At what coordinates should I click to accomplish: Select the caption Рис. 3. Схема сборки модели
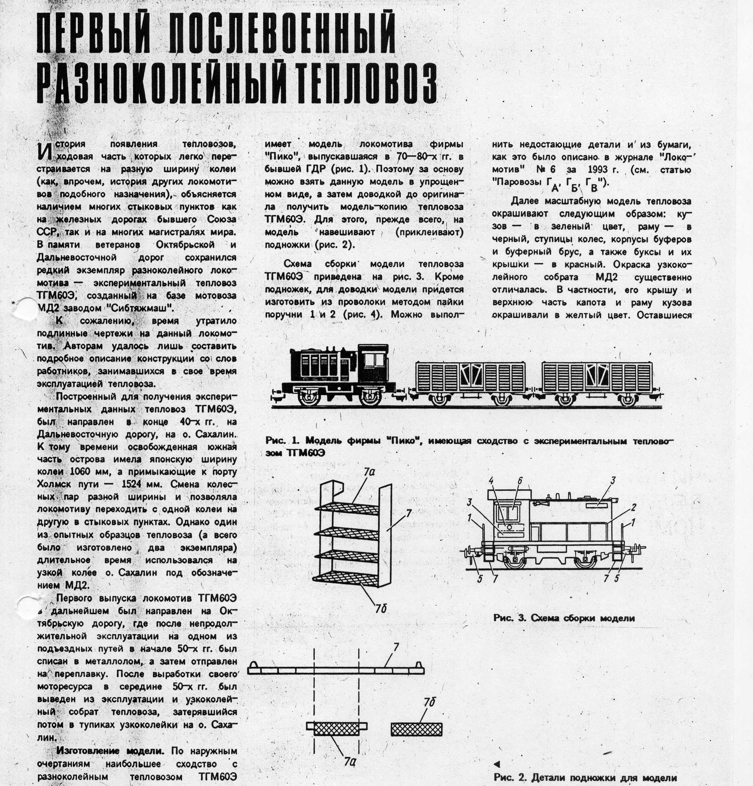click(564, 618)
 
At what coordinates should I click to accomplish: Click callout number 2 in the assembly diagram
click(633, 507)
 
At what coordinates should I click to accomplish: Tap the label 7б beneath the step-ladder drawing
click(381, 609)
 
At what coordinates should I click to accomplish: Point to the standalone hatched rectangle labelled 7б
click(416, 729)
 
